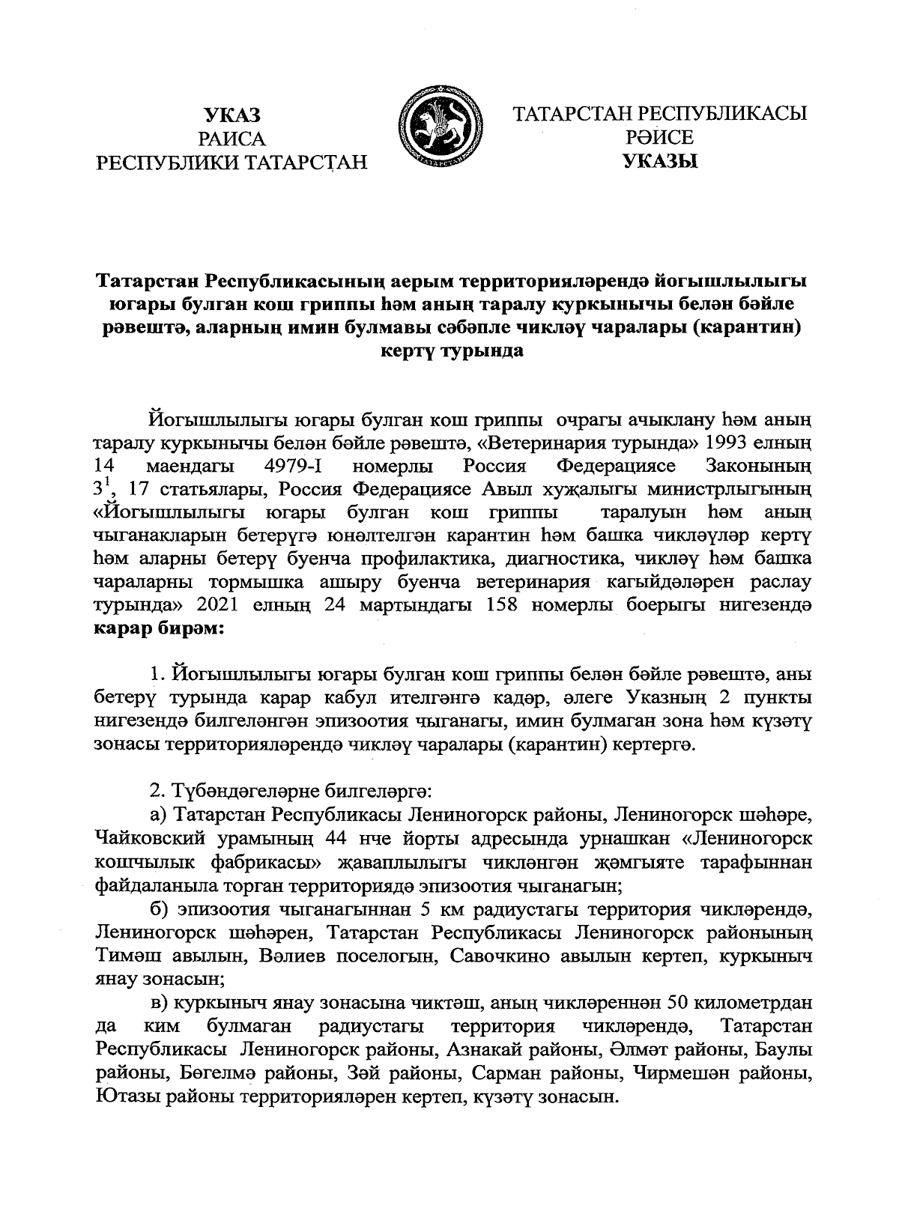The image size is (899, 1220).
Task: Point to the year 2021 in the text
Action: coord(222,605)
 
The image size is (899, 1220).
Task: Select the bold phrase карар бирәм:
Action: coord(160,628)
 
